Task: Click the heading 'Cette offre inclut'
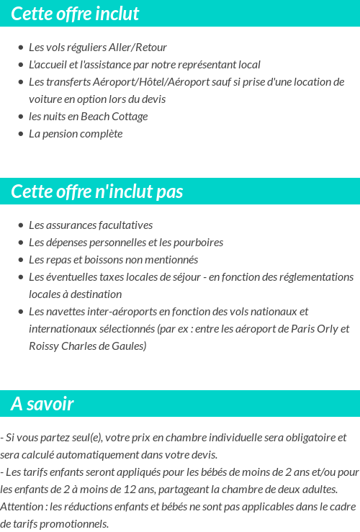coord(75,14)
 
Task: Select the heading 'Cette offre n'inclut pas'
coord(97,191)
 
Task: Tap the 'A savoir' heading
coord(42,404)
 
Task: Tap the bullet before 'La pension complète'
coord(20,134)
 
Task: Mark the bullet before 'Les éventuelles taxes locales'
coord(20,277)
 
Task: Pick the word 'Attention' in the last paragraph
coord(21,507)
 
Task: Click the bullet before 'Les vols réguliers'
coord(20,48)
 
